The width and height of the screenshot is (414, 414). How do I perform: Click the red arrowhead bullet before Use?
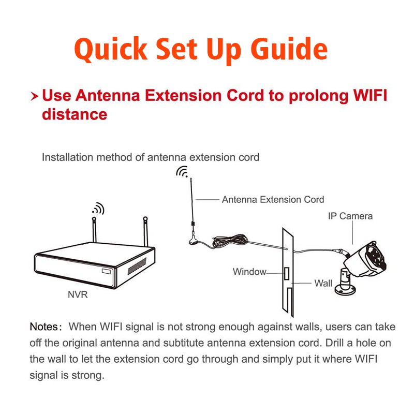34,96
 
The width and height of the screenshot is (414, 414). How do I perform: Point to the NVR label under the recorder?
78,294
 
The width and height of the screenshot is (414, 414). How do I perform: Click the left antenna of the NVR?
94,229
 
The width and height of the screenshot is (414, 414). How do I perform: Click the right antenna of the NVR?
145,231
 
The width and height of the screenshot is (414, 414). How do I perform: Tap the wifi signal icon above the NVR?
98,209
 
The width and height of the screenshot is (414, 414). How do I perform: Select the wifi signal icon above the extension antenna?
182,172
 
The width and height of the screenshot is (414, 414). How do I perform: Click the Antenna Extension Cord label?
273,200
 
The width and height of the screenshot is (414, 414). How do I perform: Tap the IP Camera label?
350,216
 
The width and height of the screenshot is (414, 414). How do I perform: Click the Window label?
249,271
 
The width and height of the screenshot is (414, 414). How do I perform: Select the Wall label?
323,283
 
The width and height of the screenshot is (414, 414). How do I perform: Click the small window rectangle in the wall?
287,273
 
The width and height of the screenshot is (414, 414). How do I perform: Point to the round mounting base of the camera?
345,290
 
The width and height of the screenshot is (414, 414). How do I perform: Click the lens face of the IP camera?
376,257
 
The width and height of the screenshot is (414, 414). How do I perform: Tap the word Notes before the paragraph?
43,327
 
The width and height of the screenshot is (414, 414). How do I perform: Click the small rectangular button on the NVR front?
107,271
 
